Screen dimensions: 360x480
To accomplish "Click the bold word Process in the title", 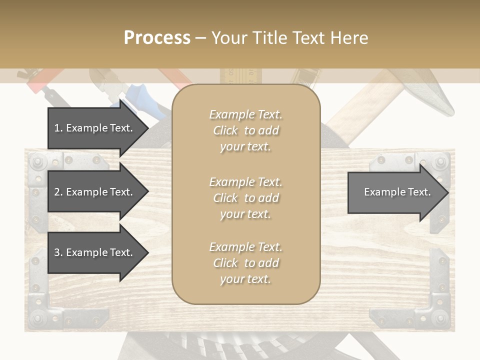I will [x=157, y=38].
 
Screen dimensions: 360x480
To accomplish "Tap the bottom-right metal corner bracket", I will [x=432, y=310].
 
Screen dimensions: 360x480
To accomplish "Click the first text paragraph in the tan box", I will [x=245, y=130].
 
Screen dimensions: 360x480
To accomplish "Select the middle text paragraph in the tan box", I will [x=245, y=198].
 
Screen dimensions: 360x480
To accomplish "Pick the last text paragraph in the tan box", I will [x=245, y=263].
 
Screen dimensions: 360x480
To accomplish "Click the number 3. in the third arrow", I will [x=58, y=252].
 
